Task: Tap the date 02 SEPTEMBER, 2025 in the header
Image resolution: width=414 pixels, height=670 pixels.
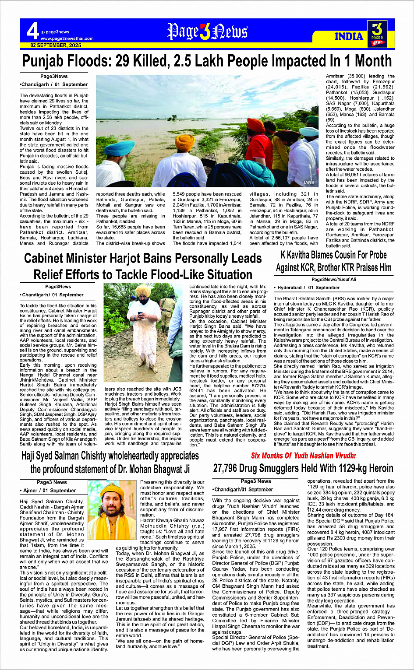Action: [x=56, y=45]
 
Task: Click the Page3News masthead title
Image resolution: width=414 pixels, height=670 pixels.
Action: [x=207, y=32]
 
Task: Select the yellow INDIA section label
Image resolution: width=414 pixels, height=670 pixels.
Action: [x=349, y=36]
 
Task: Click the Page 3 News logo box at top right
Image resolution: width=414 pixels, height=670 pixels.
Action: [x=377, y=32]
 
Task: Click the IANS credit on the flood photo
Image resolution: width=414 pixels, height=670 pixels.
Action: [x=309, y=182]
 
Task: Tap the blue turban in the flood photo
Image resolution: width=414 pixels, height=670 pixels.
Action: [x=119, y=148]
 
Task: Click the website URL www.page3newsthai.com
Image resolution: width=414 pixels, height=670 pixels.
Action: [x=67, y=39]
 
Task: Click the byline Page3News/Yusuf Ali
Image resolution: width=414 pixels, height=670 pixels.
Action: [x=334, y=279]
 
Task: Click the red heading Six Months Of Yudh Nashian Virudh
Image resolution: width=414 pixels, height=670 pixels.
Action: [x=303, y=456]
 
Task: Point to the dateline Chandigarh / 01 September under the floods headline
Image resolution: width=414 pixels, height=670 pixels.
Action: [x=54, y=84]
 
